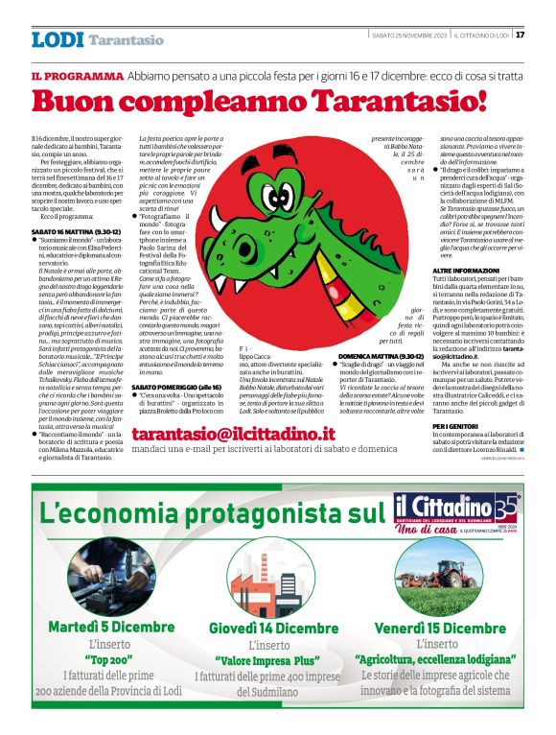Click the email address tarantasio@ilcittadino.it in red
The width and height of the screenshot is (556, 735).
247,434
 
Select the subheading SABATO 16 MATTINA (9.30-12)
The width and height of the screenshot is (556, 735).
76,232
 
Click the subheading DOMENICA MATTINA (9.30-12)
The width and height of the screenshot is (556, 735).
368,354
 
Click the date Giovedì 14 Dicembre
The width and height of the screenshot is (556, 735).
273,628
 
